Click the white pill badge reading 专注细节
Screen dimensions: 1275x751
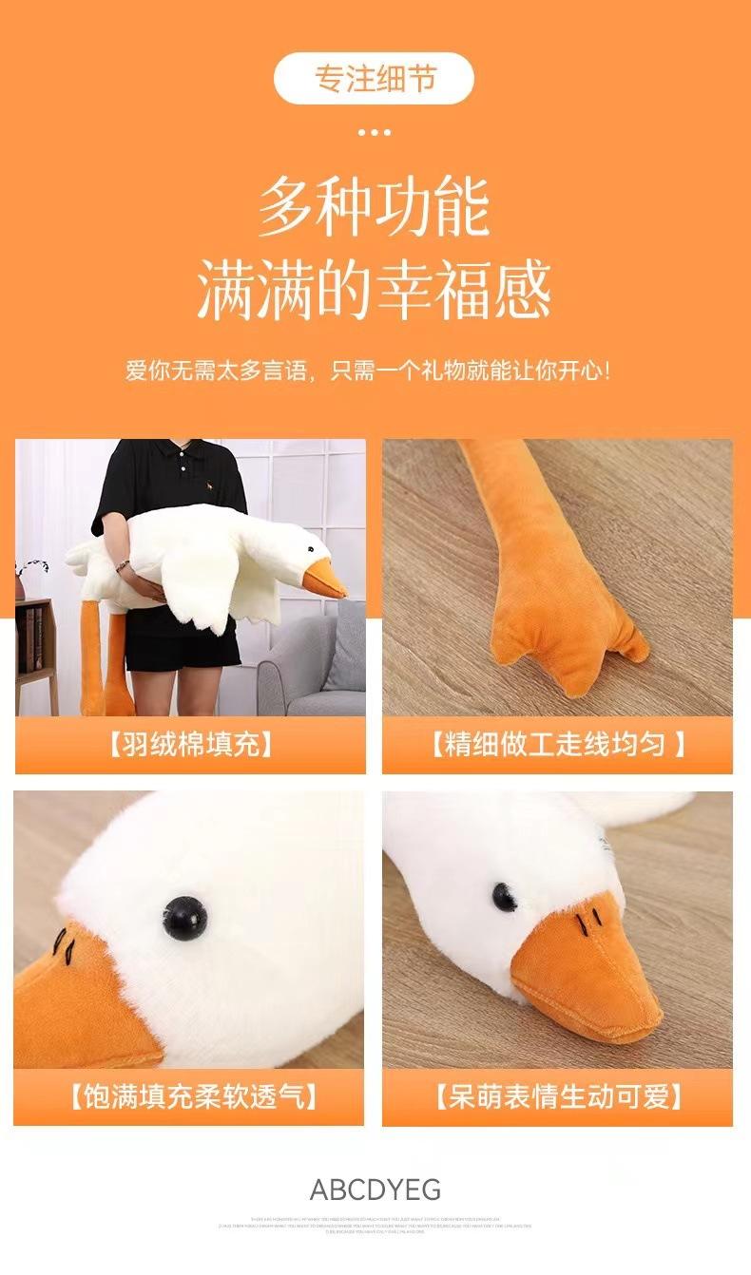click(374, 78)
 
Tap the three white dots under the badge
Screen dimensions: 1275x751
click(374, 132)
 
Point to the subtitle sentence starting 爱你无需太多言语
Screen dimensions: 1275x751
click(368, 370)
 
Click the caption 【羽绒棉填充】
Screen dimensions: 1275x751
click(190, 744)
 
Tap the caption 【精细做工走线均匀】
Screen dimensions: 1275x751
click(557, 744)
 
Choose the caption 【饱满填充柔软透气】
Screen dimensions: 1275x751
click(190, 1097)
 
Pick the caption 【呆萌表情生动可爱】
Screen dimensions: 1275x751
click(558, 1097)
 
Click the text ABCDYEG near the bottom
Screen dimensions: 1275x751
click(375, 1189)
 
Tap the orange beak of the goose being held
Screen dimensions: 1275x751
click(323, 578)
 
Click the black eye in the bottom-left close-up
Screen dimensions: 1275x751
click(184, 917)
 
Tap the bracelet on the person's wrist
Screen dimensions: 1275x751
click(123, 565)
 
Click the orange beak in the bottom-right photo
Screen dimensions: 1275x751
click(585, 979)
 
